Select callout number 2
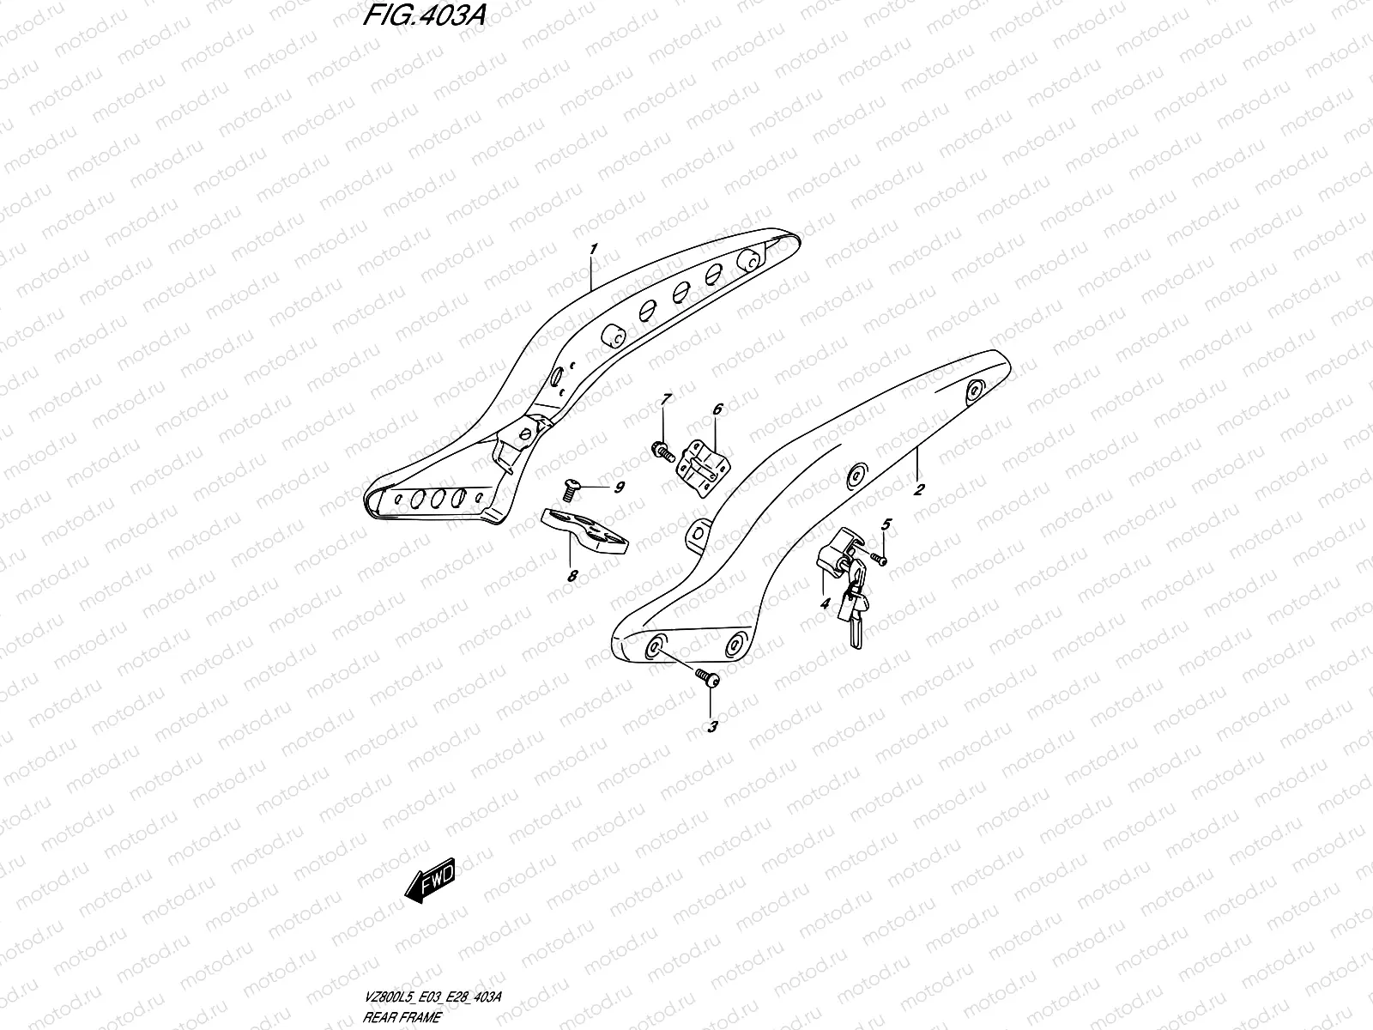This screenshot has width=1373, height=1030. click(919, 490)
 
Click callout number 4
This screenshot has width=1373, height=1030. click(825, 604)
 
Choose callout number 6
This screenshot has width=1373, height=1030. click(717, 409)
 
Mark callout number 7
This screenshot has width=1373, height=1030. click(664, 399)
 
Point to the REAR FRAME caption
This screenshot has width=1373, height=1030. click(402, 1017)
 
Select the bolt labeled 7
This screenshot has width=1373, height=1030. click(663, 451)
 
